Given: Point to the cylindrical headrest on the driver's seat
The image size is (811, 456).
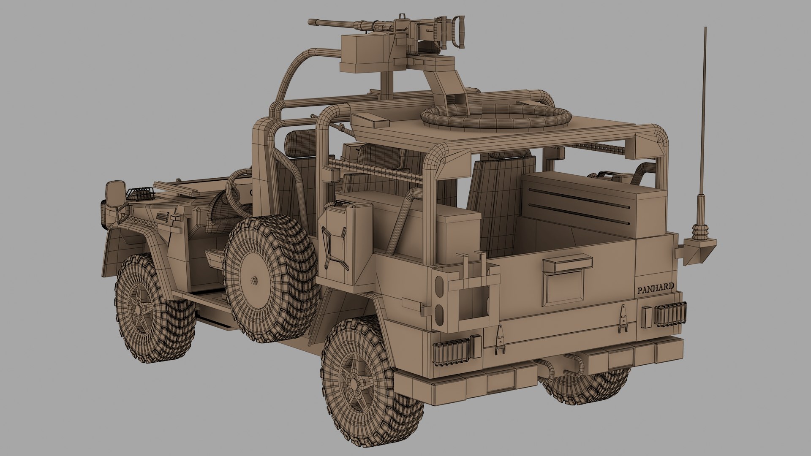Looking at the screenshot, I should tap(299, 139).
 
